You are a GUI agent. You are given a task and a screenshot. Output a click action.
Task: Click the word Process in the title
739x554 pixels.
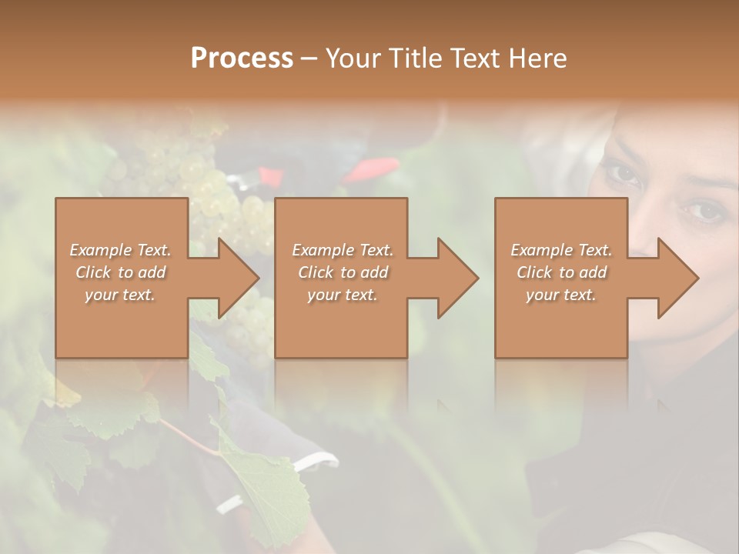tap(242, 58)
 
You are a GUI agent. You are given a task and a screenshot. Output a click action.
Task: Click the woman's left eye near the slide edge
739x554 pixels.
tap(703, 209)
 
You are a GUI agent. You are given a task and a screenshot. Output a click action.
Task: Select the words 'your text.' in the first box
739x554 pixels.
tap(120, 294)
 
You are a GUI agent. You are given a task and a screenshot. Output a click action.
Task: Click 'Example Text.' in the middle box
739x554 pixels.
tap(343, 250)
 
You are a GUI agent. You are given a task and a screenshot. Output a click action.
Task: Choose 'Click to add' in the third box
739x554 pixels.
tap(561, 272)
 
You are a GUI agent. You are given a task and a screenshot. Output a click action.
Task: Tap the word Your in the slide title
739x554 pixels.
tap(352, 58)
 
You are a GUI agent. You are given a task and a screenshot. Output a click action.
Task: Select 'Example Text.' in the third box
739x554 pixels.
tap(561, 250)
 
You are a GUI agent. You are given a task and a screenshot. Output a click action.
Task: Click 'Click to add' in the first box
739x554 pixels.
tap(120, 272)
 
